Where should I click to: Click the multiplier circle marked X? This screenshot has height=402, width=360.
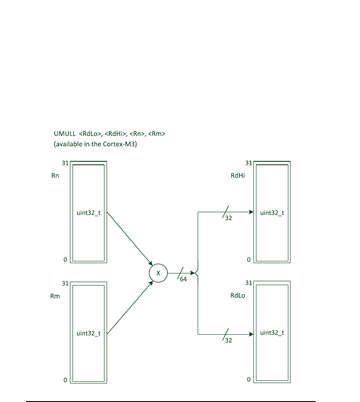158,273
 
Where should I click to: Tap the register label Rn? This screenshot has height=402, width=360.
55,176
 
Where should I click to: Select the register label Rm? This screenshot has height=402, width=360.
55,296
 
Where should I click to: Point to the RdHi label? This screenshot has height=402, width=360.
238,176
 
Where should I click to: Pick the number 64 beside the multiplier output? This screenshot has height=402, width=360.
183,280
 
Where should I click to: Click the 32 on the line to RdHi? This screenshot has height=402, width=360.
228,218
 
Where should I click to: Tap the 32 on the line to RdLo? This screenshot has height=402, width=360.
228,340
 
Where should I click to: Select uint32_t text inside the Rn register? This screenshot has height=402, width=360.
88,213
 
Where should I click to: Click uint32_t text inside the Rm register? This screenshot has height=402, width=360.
88,333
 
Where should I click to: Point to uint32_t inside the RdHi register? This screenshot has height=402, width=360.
272,213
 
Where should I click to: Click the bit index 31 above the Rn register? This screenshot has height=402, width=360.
66,163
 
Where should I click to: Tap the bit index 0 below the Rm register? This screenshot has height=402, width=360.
65,380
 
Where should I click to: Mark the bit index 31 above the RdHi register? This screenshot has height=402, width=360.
249,163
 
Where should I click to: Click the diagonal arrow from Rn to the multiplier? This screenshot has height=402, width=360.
129,239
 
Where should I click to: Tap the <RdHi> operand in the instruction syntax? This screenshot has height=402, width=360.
116,134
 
